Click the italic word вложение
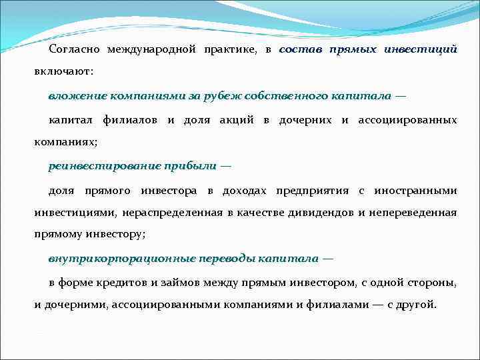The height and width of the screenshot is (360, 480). [73, 96]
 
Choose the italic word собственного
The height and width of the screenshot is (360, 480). [285, 96]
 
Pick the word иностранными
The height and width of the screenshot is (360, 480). [415, 191]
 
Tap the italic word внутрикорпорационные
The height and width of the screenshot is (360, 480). [115, 259]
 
